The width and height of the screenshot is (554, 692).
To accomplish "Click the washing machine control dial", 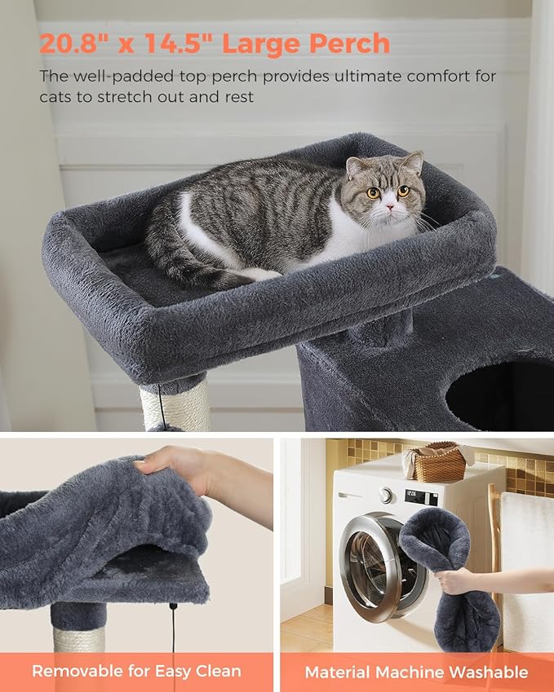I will (x=385, y=495).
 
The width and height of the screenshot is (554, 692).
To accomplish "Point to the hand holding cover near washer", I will (x=456, y=580).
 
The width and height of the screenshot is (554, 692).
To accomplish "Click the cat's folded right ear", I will (x=357, y=167).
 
